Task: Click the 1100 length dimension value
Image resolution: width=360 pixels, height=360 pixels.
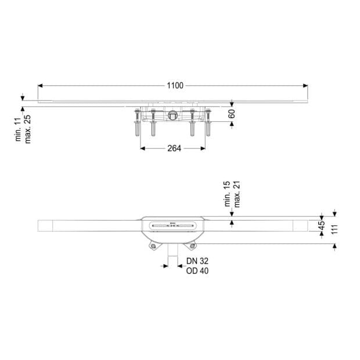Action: (175, 85)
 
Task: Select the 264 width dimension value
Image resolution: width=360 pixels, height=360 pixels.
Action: (174, 148)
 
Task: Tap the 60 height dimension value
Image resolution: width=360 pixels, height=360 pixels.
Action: (232, 114)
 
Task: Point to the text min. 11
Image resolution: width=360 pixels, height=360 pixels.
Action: (18, 130)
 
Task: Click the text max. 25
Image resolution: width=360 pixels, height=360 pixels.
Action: (27, 129)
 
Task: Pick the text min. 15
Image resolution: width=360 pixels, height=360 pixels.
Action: (227, 194)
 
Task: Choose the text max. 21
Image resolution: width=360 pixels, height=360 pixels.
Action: (237, 195)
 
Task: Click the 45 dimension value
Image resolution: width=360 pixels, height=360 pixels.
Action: (322, 225)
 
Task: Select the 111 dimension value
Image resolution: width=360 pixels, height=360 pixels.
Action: (335, 229)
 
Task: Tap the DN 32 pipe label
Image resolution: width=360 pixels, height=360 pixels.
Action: (197, 261)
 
